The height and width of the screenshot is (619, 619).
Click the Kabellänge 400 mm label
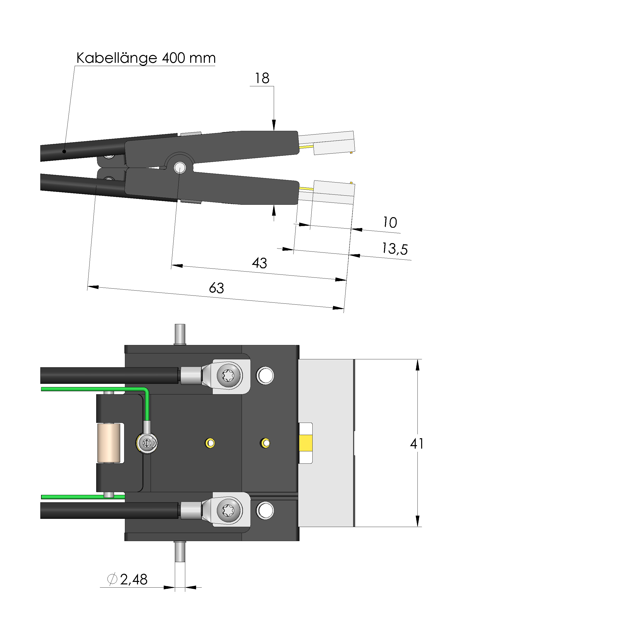146,58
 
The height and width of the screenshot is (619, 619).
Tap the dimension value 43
259,263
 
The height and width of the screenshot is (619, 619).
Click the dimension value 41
416,444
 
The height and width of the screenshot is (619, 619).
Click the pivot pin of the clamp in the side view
180,167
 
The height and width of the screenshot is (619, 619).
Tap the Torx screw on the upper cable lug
228,375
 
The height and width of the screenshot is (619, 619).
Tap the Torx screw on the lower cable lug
228,510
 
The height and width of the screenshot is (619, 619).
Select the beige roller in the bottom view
109,443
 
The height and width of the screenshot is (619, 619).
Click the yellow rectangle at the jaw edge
305,443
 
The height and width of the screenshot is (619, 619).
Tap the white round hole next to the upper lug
265,375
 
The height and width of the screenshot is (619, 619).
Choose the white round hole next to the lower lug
265,510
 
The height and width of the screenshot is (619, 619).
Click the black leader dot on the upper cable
64,151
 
